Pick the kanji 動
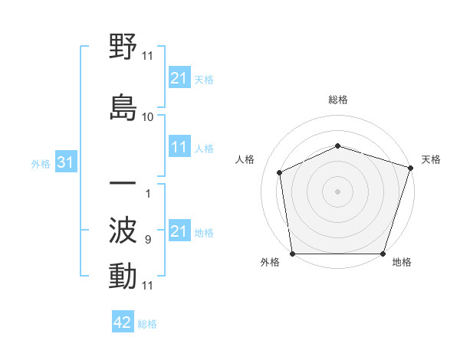[123, 276]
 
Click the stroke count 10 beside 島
[148, 117]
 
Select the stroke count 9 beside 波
[147, 240]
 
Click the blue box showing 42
[123, 322]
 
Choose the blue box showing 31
[65, 162]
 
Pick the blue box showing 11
[179, 147]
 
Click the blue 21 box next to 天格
[179, 77]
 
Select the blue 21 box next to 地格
[179, 231]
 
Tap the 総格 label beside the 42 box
[147, 324]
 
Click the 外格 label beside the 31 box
[41, 163]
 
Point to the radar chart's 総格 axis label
[337, 100]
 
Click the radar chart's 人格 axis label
[245, 159]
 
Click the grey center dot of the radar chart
[337, 191]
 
